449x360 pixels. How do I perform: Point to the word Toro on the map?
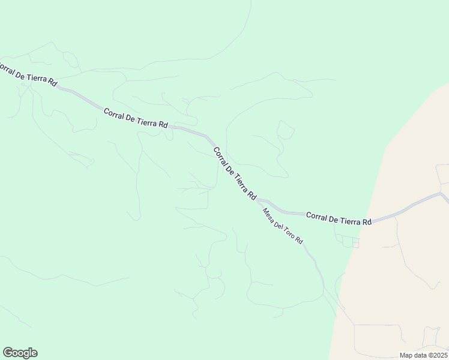[290, 232]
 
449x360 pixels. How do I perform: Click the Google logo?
[20, 353]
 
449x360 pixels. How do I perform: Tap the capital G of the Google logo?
[8, 352]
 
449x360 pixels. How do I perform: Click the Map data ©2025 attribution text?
[423, 355]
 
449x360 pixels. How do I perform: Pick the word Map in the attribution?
[406, 355]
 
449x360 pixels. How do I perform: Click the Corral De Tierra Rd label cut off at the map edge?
[28, 74]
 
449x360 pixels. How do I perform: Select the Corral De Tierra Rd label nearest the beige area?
[339, 218]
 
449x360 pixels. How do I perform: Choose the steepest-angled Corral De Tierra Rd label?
[235, 173]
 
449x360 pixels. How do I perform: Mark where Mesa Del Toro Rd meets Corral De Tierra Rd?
[258, 202]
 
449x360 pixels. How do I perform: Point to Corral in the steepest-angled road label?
[220, 157]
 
